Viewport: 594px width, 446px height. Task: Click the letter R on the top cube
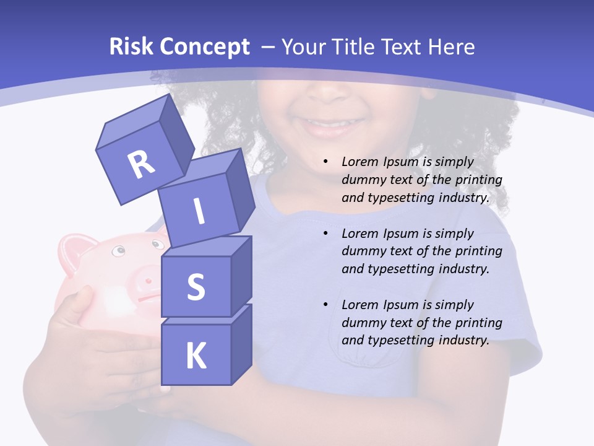(141, 164)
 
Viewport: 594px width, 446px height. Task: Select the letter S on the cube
(196, 287)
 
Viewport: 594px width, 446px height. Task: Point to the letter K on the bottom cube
(196, 356)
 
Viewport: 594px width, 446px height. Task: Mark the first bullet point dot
(325, 162)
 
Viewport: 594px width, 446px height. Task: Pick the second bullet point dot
(325, 234)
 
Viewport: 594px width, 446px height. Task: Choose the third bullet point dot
(325, 305)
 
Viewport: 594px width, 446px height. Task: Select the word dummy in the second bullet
(361, 251)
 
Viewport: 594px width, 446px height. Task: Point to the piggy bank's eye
(118, 251)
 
